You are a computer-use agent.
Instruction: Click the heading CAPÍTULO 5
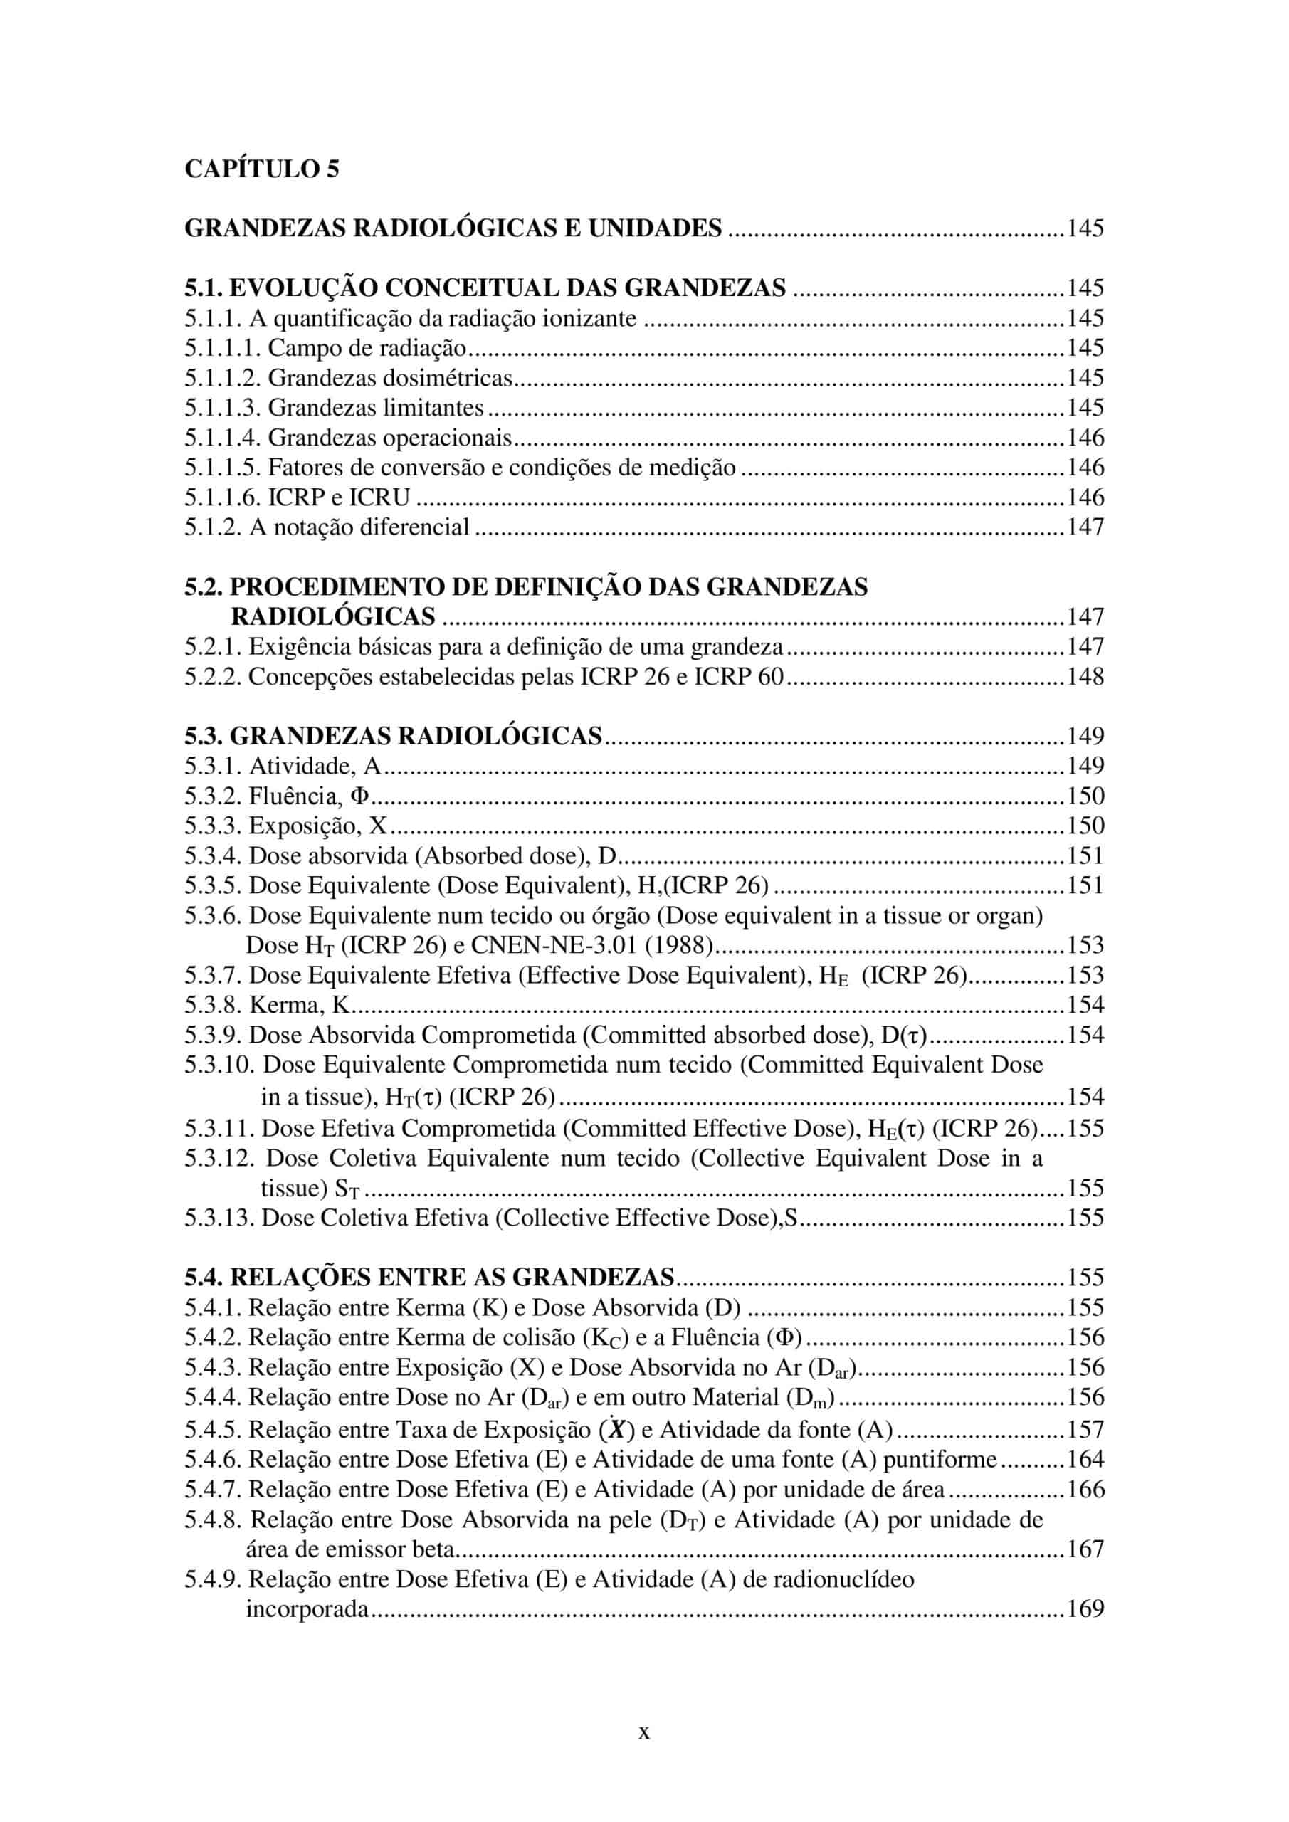(262, 169)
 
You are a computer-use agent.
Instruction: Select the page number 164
(1085, 1458)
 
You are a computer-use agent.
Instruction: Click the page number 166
(1085, 1489)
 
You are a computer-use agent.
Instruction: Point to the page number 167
(1085, 1548)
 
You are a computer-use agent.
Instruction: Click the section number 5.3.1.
(214, 766)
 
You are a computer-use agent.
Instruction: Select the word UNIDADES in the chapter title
(655, 228)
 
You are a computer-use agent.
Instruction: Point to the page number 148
(1085, 676)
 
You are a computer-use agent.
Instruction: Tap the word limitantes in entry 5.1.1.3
(433, 408)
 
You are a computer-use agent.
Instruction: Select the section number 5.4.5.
(214, 1429)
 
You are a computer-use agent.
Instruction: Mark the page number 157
(1085, 1429)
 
